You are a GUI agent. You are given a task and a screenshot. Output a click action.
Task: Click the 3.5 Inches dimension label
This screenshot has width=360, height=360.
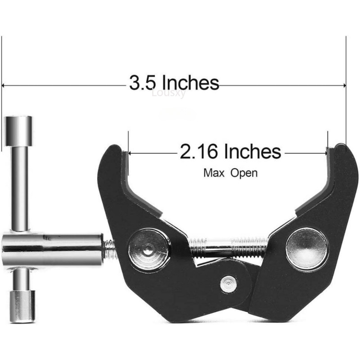[174, 83]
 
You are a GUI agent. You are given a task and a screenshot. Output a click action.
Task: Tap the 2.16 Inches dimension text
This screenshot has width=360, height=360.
[230, 152]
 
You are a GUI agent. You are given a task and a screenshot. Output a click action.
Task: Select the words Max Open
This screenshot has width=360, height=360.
[230, 172]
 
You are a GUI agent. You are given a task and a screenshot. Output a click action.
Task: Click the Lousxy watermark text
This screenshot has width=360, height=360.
[168, 93]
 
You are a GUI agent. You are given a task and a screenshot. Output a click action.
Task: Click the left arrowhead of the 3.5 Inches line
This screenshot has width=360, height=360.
[4, 85]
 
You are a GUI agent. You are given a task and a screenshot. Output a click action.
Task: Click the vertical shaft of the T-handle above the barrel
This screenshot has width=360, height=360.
[20, 180]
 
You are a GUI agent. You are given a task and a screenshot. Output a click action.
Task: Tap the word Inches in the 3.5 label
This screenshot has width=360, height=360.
[190, 83]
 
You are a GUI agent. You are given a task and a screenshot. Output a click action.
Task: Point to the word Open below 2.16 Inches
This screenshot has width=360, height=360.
[244, 172]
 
